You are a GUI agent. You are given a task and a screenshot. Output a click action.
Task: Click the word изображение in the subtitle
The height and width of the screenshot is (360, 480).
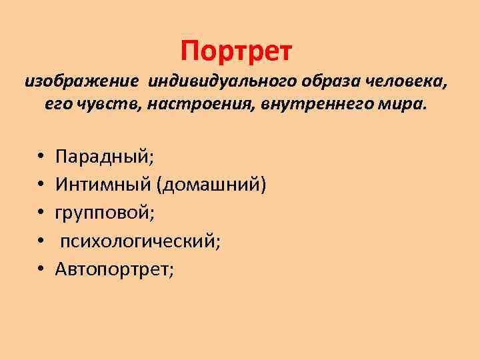[x=82, y=81]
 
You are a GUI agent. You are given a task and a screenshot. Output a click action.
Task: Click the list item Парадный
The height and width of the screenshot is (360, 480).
[x=105, y=157]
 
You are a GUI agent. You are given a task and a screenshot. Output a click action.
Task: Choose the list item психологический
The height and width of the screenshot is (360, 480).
[x=141, y=241]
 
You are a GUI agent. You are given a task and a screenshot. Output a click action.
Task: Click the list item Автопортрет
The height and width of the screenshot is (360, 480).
[x=114, y=269]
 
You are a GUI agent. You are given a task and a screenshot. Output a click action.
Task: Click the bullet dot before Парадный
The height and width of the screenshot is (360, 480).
[x=41, y=158]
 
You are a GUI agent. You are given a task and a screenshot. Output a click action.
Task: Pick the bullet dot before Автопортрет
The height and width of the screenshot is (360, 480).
[x=41, y=269]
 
